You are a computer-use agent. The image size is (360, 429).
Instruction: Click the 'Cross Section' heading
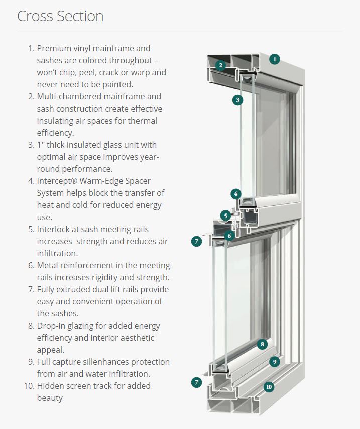(x=60, y=16)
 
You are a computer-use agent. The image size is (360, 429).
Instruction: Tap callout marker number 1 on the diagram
(x=275, y=59)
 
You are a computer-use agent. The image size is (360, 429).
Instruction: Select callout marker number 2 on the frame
(x=220, y=65)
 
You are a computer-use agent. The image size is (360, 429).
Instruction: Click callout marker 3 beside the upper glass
(x=237, y=100)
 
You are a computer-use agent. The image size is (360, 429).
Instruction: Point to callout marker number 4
(x=236, y=194)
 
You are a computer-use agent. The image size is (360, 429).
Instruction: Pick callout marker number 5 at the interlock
(x=225, y=216)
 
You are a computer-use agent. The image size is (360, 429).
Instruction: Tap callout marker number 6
(x=229, y=235)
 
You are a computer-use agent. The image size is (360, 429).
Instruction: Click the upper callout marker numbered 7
(x=196, y=241)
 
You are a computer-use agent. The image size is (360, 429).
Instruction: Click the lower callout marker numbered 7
(x=196, y=382)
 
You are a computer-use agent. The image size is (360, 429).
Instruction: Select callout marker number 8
(x=262, y=344)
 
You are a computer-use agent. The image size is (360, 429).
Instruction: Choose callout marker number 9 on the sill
(x=275, y=362)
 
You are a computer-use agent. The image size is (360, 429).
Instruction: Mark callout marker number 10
(x=269, y=387)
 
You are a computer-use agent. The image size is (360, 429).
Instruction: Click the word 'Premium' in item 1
(x=54, y=48)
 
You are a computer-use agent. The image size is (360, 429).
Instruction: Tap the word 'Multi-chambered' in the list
(x=69, y=96)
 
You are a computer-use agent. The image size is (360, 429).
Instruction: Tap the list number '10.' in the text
(x=29, y=386)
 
